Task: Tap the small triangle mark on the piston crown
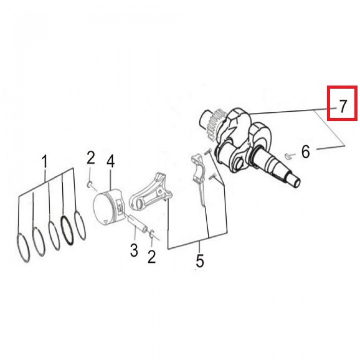106,222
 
